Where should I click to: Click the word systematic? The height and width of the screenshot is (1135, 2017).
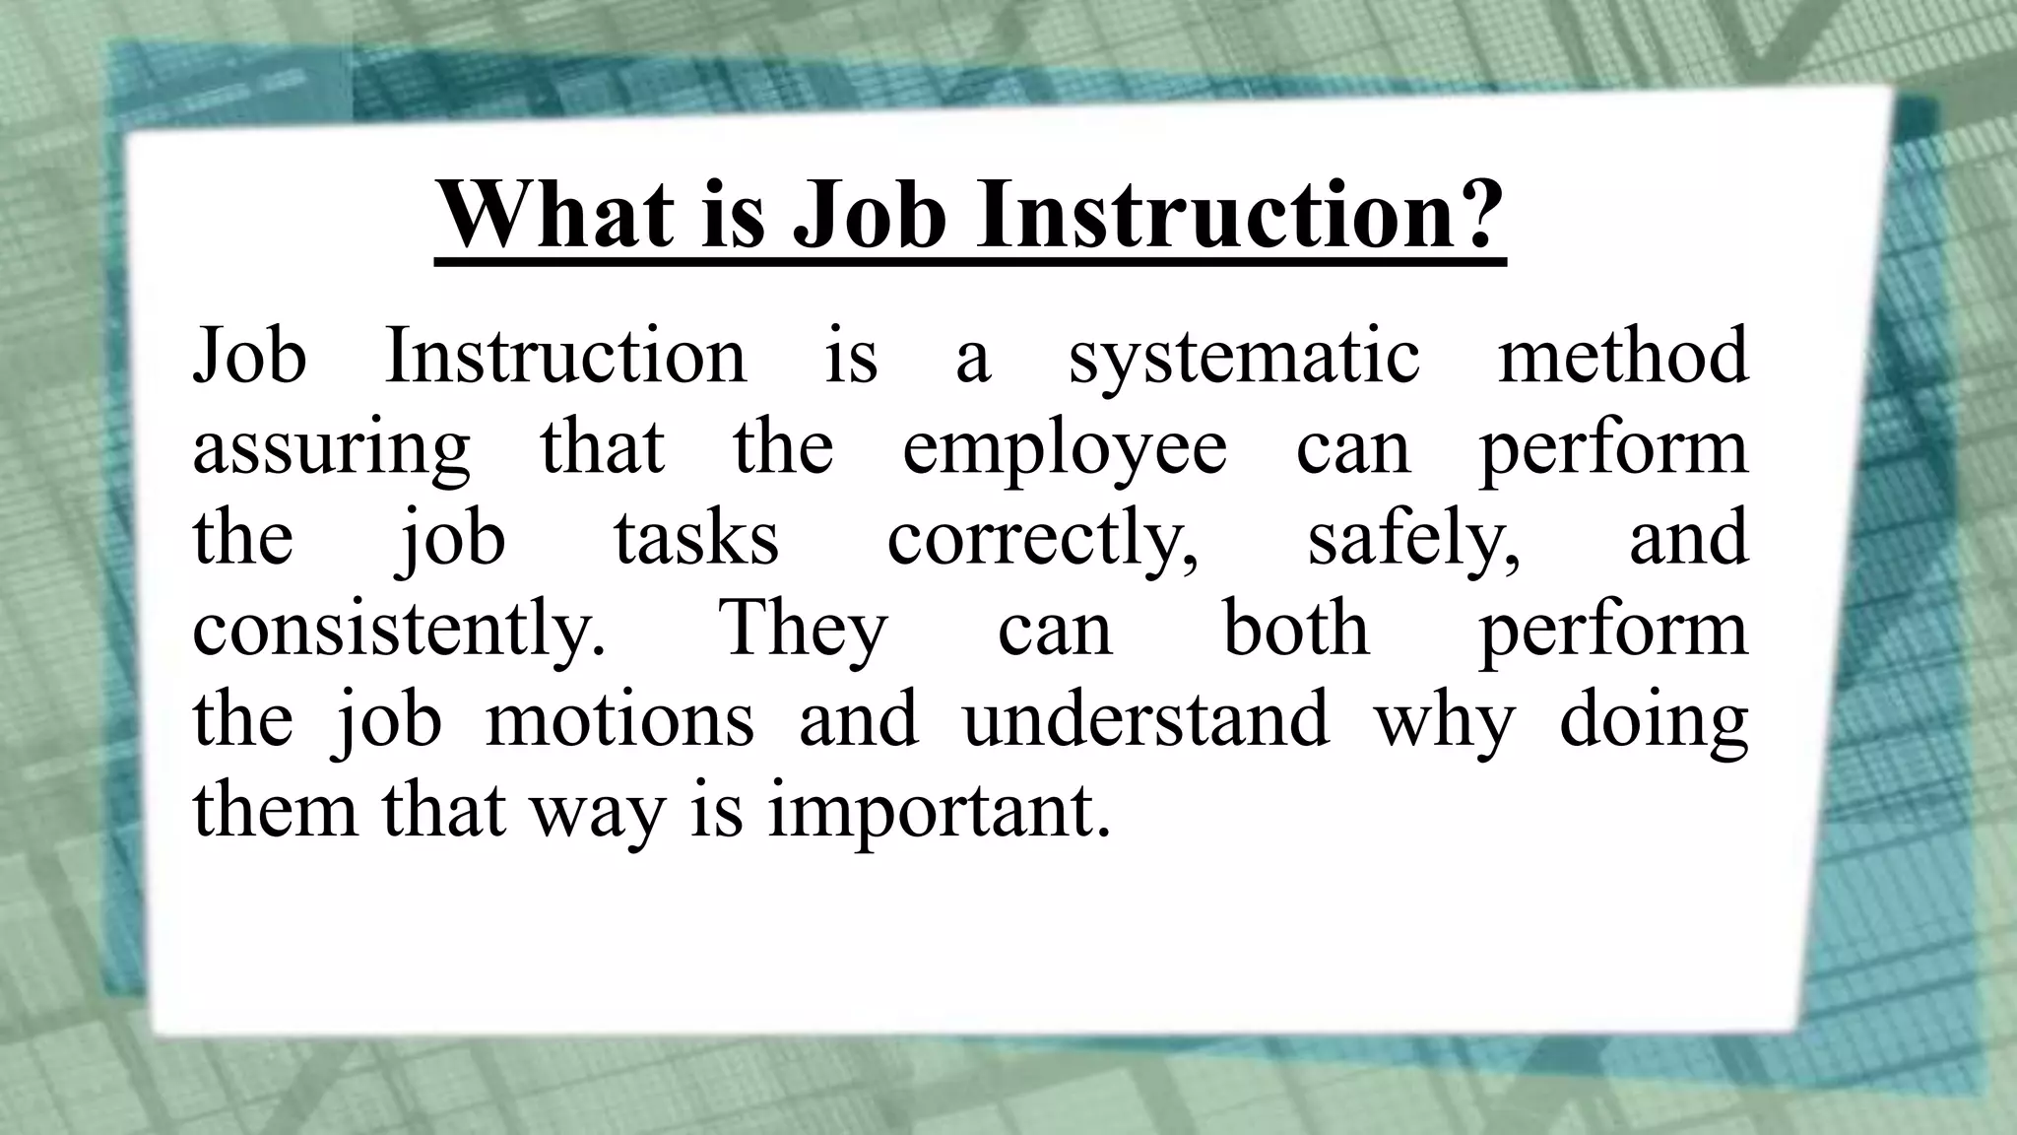(x=1244, y=358)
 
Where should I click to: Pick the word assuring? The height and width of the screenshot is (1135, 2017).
(x=331, y=449)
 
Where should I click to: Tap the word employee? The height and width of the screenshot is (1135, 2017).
(x=1065, y=449)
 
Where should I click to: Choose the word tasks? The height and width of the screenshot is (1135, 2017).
(x=696, y=539)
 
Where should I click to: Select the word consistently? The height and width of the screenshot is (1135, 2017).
(x=399, y=631)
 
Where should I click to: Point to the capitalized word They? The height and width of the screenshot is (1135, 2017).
(x=804, y=631)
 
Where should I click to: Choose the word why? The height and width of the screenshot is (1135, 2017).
(x=1444, y=722)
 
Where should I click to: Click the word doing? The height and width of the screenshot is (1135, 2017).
(x=1654, y=722)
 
